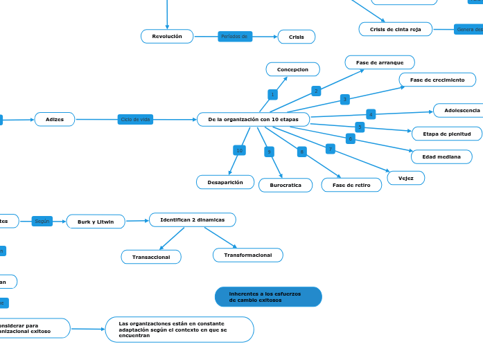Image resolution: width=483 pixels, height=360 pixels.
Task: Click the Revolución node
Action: tap(167, 36)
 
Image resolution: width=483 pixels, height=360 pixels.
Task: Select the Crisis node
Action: tap(297, 37)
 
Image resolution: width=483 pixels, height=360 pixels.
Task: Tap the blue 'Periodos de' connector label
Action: tap(235, 37)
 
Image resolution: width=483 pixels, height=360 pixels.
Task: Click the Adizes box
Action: tap(55, 119)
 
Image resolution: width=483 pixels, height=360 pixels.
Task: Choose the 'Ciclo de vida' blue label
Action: tap(135, 119)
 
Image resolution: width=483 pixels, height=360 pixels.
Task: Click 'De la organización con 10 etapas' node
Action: tap(253, 119)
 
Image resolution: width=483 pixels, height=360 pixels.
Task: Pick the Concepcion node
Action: tap(292, 69)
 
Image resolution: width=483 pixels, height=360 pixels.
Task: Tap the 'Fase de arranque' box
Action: tap(380, 62)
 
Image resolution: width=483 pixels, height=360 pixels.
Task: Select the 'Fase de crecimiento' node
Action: tap(437, 80)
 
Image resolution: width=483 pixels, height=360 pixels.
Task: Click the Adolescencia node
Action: tap(457, 110)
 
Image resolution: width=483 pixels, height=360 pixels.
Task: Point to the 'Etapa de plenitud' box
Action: tap(447, 134)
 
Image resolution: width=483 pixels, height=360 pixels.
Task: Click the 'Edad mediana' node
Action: tap(441, 156)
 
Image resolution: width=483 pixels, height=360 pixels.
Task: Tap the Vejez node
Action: tap(406, 178)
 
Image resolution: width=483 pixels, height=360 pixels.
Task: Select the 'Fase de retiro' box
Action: tap(351, 185)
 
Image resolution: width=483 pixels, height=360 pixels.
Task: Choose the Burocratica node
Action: tap(286, 185)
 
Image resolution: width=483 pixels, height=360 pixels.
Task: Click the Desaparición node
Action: tap(225, 182)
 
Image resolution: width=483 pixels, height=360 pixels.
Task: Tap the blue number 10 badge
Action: tap(239, 150)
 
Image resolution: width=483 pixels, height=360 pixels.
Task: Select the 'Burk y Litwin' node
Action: tap(96, 222)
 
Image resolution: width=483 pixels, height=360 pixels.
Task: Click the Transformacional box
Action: tap(248, 255)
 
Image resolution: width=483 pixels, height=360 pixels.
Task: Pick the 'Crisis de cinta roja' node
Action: tap(396, 29)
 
